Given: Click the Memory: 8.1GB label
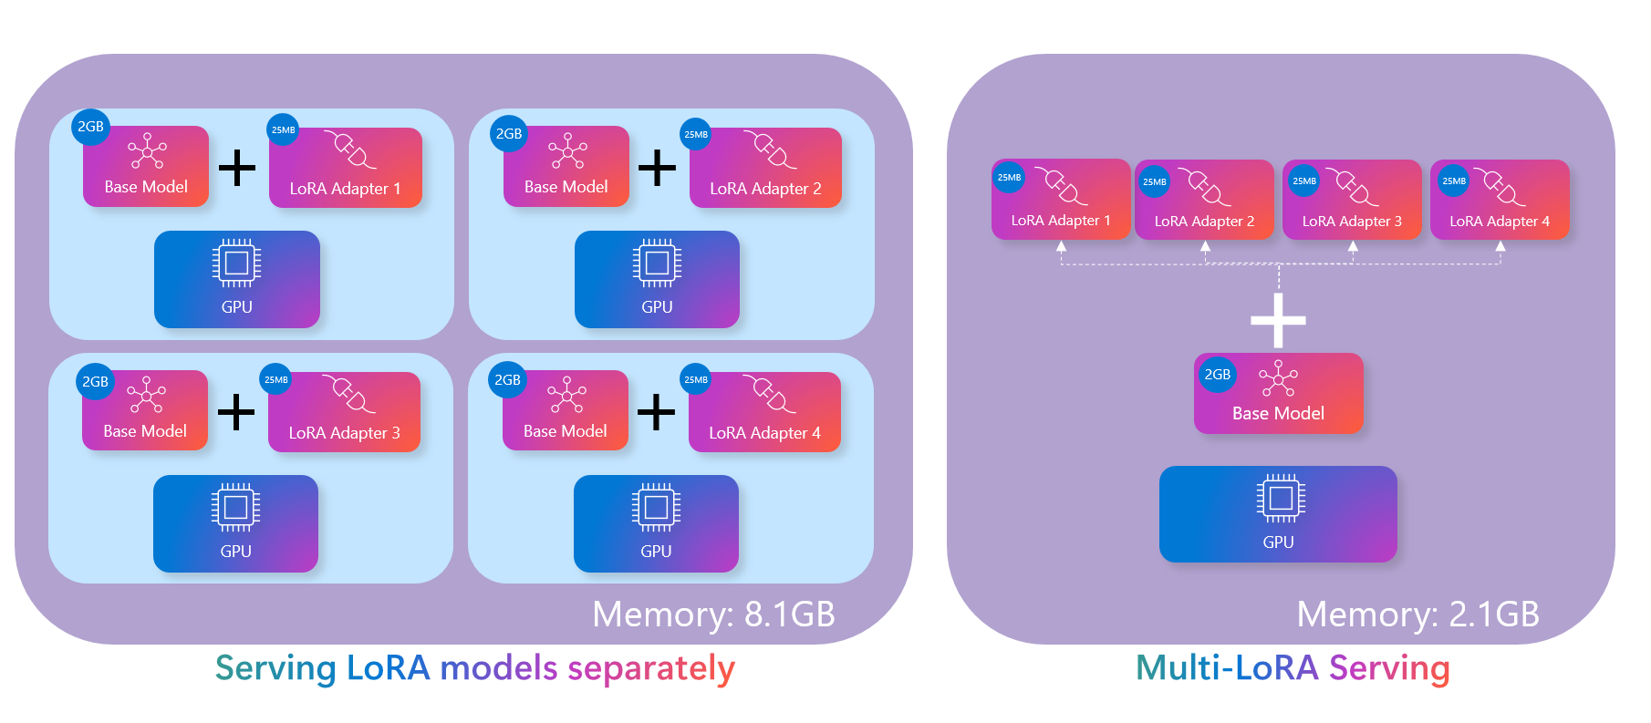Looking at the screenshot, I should pyautogui.click(x=713, y=615).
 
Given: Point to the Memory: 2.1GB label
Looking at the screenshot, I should pyautogui.click(x=1417, y=615).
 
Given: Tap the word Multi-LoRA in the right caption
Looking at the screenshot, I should pyautogui.click(x=1227, y=668).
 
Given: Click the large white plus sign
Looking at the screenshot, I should pyautogui.click(x=1278, y=320).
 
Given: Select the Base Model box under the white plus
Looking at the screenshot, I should pyautogui.click(x=1278, y=394).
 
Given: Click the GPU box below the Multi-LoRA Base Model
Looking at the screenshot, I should pyautogui.click(x=1278, y=514).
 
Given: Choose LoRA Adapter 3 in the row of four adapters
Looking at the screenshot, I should pyautogui.click(x=1352, y=200).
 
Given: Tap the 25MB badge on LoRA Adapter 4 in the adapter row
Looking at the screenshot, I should pyautogui.click(x=1454, y=181).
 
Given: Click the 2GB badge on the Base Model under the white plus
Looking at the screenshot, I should pyautogui.click(x=1217, y=375).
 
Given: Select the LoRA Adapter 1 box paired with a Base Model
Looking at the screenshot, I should pyautogui.click(x=346, y=168).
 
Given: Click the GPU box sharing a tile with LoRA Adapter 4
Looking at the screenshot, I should pyautogui.click(x=656, y=523).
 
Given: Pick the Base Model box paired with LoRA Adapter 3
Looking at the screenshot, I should pyautogui.click(x=145, y=410).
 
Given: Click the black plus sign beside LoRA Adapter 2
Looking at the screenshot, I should pyautogui.click(x=657, y=167).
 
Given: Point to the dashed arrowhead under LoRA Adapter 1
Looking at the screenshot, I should pyautogui.click(x=1061, y=246).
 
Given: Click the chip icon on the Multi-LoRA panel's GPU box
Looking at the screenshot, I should pyautogui.click(x=1280, y=498).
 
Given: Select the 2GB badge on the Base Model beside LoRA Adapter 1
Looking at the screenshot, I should pyautogui.click(x=90, y=127).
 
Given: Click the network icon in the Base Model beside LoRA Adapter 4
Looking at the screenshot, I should pyautogui.click(x=566, y=395).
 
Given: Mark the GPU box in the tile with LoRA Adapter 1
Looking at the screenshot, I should pyautogui.click(x=237, y=279).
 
